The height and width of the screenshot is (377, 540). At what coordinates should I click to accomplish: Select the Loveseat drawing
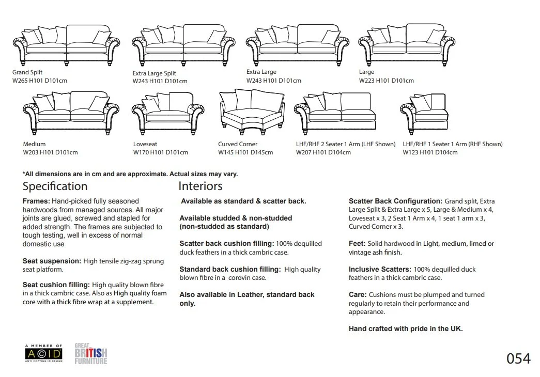[x=167, y=111]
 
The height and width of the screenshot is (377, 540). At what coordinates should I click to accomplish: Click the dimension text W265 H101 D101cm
[x=40, y=81]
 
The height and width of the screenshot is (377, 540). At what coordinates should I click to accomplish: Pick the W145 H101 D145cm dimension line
[x=245, y=152]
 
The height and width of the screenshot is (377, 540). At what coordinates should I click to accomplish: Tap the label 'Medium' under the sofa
[x=34, y=144]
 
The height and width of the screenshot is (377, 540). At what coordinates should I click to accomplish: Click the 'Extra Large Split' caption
[x=155, y=73]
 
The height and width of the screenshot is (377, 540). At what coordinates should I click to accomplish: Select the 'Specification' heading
[x=55, y=186]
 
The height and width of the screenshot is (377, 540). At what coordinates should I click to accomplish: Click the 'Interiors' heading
[x=200, y=186]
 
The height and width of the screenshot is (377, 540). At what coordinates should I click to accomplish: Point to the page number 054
[x=518, y=358]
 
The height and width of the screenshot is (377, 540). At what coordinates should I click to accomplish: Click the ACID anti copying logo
[x=43, y=354]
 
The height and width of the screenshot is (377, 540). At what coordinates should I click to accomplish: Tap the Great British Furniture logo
[x=91, y=354]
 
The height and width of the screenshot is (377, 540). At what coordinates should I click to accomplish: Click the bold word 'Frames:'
[x=36, y=201]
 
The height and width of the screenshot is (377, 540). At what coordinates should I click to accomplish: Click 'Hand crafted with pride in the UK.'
[x=406, y=328]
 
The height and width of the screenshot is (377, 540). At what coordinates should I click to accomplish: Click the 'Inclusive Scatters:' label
[x=380, y=269]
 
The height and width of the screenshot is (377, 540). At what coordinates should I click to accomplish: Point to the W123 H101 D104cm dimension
[x=430, y=152]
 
